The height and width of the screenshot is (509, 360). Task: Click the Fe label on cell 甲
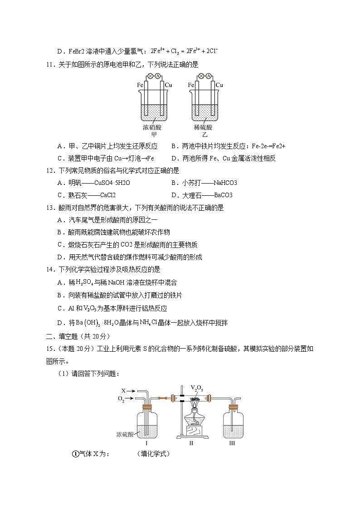click(141, 85)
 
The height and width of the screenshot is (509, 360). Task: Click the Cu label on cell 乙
click(219, 85)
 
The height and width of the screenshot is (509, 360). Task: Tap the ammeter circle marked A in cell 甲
click(157, 77)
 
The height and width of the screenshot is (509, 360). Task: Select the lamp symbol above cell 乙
click(201, 77)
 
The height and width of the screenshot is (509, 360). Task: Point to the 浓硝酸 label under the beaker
click(152, 127)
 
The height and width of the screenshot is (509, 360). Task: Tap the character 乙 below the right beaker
click(204, 135)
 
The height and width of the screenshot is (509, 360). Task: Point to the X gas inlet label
click(123, 390)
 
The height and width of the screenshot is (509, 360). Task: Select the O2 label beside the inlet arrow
click(121, 398)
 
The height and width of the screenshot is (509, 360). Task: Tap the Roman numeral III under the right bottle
click(232, 443)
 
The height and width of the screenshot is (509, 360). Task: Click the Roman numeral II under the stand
click(191, 443)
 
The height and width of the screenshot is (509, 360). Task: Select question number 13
click(50, 208)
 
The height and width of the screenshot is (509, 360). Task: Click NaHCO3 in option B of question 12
click(225, 183)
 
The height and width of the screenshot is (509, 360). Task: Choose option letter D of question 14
click(60, 323)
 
